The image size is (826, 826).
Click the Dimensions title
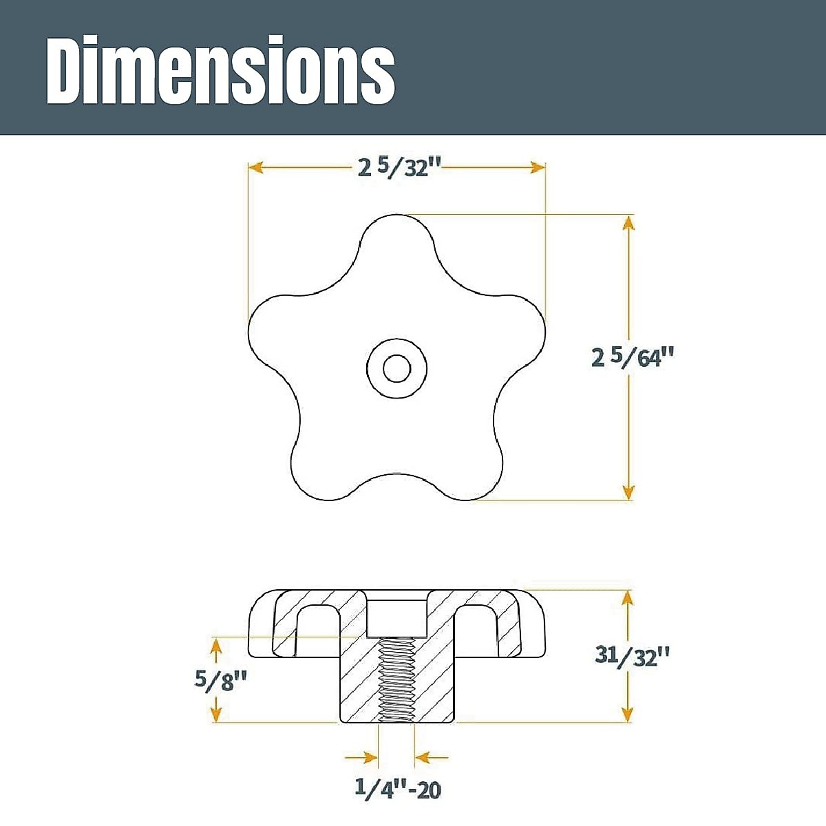(220, 70)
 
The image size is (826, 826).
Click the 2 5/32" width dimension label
(400, 167)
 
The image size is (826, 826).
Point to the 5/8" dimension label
(221, 679)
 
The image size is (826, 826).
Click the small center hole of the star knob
(396, 368)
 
